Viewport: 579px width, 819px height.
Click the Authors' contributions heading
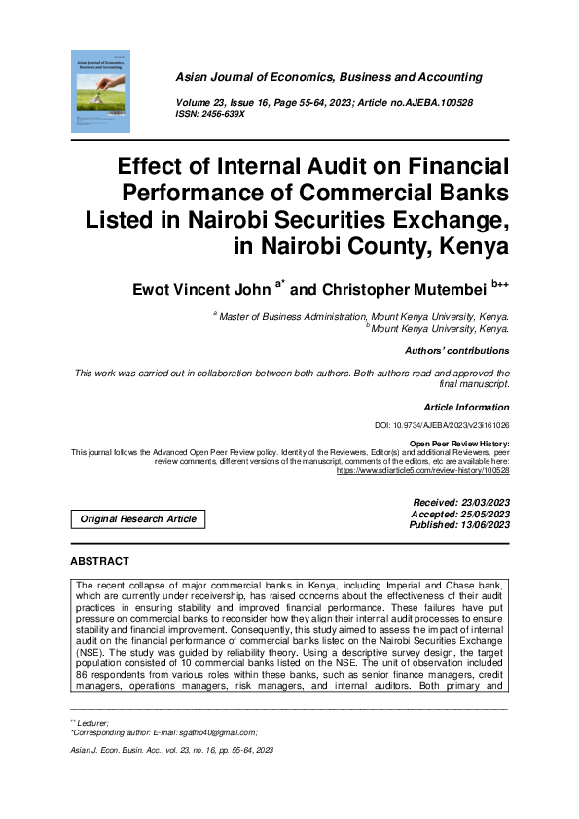coord(455,351)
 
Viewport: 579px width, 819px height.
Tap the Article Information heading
coord(466,408)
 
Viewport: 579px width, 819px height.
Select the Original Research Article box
coord(139,518)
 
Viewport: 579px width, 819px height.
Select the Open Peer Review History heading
coord(458,444)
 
